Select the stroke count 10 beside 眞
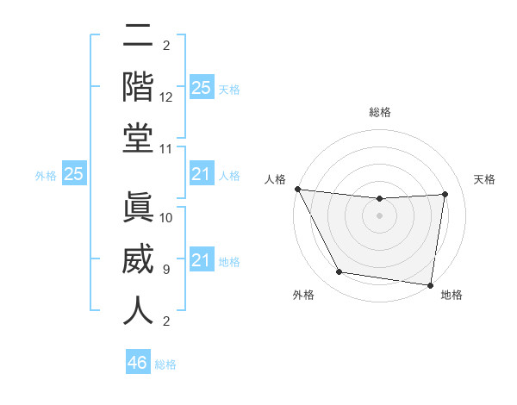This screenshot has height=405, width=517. (x=166, y=218)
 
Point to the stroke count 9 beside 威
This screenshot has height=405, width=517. (x=166, y=270)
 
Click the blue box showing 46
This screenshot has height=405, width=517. (x=138, y=362)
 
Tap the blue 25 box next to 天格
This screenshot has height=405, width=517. (x=201, y=87)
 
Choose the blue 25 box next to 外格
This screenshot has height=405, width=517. (x=74, y=174)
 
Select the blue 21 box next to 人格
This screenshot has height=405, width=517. (x=201, y=174)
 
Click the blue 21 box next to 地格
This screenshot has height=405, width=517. (x=201, y=260)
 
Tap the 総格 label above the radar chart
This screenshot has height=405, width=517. (x=380, y=112)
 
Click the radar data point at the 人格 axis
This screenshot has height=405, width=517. (x=298, y=189)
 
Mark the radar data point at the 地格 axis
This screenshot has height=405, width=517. (x=430, y=284)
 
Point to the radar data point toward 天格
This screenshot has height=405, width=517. (x=445, y=194)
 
